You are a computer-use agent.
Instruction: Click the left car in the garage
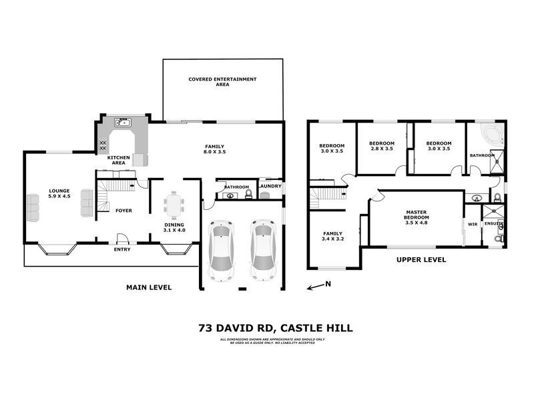pos(222,251)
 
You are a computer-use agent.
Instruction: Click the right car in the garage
pos(262,251)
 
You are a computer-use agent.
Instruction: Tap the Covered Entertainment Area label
pos(222,82)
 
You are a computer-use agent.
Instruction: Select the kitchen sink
pos(122,123)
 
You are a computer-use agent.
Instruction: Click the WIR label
pos(472,225)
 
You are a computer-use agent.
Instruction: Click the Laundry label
pos(270,187)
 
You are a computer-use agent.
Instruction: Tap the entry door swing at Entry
pos(121,238)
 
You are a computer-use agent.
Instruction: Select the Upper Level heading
pos(421,260)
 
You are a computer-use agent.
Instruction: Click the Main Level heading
pos(149,287)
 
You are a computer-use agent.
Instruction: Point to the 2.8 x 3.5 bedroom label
pos(382,147)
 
